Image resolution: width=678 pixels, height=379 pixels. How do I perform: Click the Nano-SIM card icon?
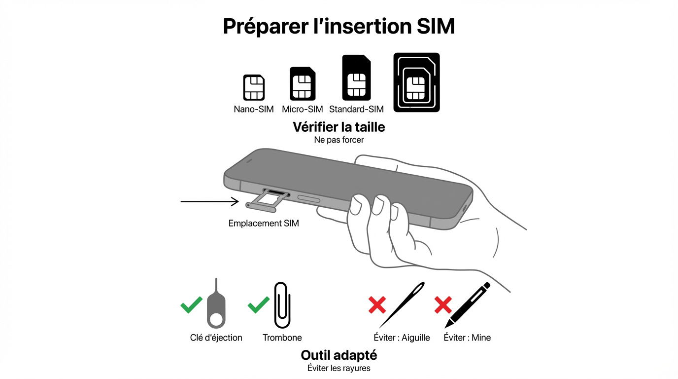(x=254, y=88)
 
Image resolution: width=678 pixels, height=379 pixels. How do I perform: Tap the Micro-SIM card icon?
(x=302, y=84)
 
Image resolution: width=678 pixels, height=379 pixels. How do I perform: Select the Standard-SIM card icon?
(x=356, y=78)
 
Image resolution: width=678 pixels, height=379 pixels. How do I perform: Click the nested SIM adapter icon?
(x=416, y=82)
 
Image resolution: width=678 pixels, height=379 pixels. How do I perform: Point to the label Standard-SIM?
(x=356, y=109)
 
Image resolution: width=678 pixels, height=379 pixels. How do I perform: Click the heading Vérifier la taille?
(x=339, y=127)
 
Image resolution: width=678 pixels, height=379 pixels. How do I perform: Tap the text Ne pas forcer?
(x=339, y=140)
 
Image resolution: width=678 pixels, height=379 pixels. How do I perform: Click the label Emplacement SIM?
(x=264, y=223)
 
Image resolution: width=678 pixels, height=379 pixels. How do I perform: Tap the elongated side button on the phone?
(x=308, y=199)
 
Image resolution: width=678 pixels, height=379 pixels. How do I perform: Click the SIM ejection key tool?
(x=216, y=308)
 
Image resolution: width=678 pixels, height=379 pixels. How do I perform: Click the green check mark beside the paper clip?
(x=258, y=304)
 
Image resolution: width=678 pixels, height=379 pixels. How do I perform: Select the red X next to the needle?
(x=377, y=304)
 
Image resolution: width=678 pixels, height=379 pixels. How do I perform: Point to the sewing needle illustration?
(x=402, y=304)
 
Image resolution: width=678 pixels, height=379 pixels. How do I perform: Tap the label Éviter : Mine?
(x=467, y=338)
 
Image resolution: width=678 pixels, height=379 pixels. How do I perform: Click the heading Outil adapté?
(x=339, y=355)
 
